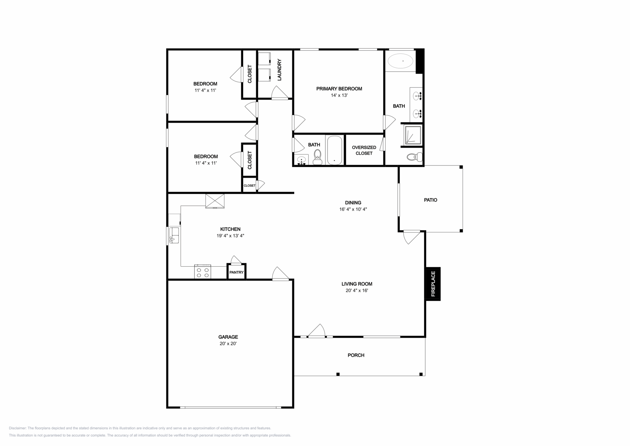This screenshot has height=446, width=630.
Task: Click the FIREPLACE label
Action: click(433, 284)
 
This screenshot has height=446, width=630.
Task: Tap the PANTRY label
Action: click(237, 272)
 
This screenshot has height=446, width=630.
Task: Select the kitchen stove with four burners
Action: click(202, 272)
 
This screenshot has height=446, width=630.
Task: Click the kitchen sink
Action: click(174, 235)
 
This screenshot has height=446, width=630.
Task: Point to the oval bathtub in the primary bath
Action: click(400, 61)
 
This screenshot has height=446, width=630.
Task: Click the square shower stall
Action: click(413, 135)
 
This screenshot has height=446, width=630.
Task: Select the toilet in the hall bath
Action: click(317, 157)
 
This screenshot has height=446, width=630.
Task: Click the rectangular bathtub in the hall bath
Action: click(335, 150)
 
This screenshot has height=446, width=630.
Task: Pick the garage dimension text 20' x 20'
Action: click(228, 344)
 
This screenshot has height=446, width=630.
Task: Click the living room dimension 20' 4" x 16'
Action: click(357, 290)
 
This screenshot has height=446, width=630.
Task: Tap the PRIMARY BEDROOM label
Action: click(339, 89)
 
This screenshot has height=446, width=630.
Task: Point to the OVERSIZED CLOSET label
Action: click(364, 150)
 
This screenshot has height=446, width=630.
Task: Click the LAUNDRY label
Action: click(280, 70)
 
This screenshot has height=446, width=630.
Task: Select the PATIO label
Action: click(430, 200)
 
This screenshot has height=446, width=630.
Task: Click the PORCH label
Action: click(356, 355)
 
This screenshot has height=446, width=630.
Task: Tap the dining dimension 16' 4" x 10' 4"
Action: click(353, 209)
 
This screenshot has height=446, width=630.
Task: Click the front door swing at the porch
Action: click(317, 331)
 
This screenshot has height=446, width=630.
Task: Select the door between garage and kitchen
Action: click(281, 274)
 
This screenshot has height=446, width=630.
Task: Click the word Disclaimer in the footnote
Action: click(17, 428)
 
